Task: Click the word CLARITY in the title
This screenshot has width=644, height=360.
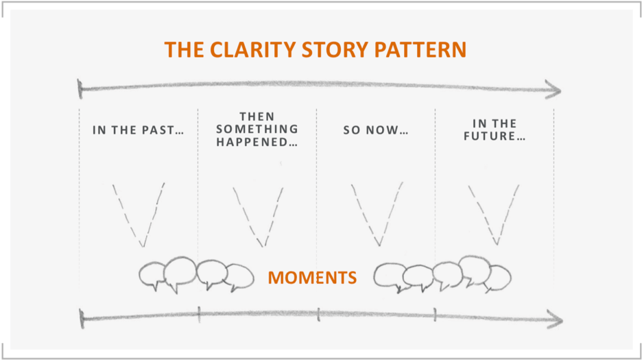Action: [250, 50]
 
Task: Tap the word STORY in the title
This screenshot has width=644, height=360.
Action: [336, 50]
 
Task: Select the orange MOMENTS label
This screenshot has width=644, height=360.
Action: [312, 278]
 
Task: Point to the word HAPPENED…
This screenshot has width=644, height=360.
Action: [257, 143]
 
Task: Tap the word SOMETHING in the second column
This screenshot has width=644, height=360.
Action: [257, 130]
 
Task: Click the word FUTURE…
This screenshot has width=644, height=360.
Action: [494, 136]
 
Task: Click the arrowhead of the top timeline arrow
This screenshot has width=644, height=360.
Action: [554, 89]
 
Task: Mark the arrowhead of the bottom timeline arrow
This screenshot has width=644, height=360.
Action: [556, 319]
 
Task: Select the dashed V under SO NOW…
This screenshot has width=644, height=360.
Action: [377, 213]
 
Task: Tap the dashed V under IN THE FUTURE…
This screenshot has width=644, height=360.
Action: [494, 213]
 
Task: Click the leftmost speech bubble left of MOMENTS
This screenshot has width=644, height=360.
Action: [152, 276]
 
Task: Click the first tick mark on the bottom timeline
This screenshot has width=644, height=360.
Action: [199, 315]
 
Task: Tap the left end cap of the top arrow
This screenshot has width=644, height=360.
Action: [81, 88]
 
